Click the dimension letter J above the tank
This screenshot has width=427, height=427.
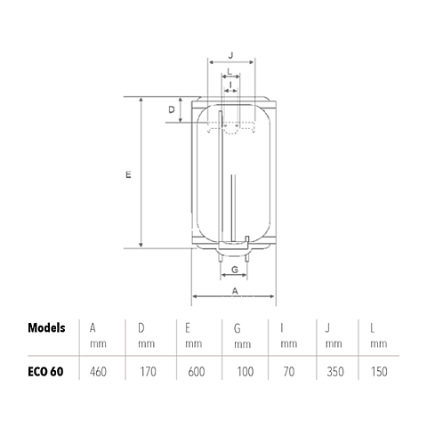(x=231, y=55)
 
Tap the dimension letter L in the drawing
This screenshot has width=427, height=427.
(x=230, y=71)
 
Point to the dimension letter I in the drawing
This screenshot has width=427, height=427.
(x=230, y=85)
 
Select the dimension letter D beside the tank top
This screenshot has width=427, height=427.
(x=172, y=109)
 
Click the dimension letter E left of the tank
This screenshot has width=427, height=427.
(x=128, y=175)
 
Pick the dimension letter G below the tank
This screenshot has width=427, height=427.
(x=235, y=270)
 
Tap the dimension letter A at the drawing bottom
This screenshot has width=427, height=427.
(x=235, y=291)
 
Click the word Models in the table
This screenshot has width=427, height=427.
(x=46, y=328)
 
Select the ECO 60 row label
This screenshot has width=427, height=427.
(x=45, y=372)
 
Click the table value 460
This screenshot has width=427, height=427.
(x=98, y=372)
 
